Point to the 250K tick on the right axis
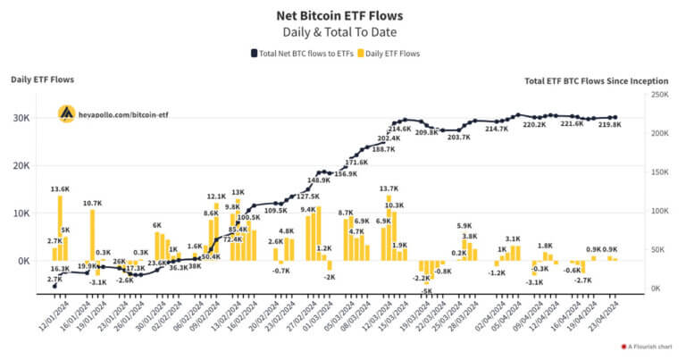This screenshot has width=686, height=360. click(x=659, y=95)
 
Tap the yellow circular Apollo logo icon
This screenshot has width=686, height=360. click(x=66, y=114)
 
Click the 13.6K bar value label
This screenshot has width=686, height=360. click(x=60, y=189)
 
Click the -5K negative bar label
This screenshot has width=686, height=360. click(x=427, y=291)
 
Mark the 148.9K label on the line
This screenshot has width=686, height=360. click(x=319, y=180)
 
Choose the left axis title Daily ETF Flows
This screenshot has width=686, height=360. click(x=42, y=80)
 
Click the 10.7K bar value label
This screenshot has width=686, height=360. click(x=93, y=203)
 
